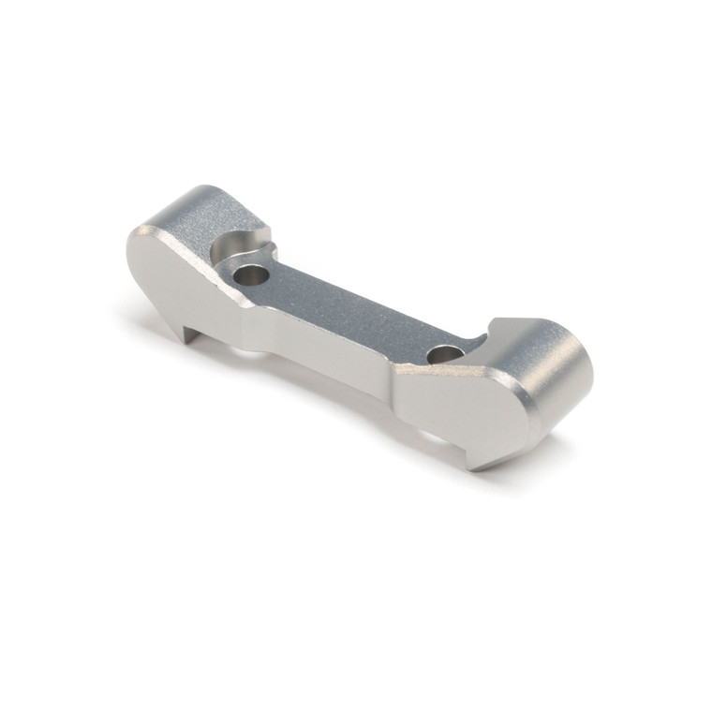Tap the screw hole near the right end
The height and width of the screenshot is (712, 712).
coord(447,355)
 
